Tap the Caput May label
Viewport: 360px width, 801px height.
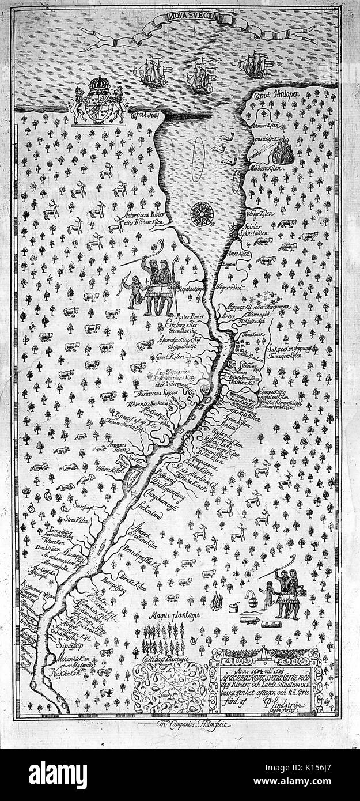click(146, 115)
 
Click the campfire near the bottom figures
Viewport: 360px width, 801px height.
click(217, 602)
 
